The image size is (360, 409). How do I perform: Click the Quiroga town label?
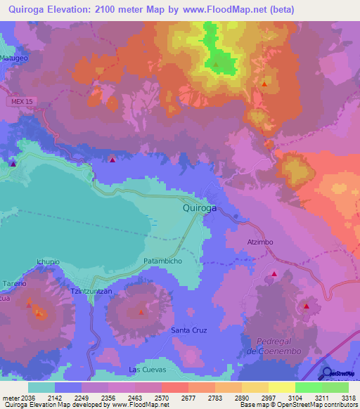click(x=199, y=209)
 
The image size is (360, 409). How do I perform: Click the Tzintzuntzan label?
click(x=91, y=291)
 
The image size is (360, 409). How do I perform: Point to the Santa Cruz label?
click(x=189, y=329)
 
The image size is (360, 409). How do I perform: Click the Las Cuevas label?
click(x=146, y=369)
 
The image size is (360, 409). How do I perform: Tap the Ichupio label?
click(x=48, y=261)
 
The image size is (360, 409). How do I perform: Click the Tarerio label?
click(x=13, y=283)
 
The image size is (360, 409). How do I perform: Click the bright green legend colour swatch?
click(x=308, y=387)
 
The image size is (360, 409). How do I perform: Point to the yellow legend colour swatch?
click(x=281, y=387)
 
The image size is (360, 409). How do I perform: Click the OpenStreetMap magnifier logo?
click(x=328, y=373)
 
